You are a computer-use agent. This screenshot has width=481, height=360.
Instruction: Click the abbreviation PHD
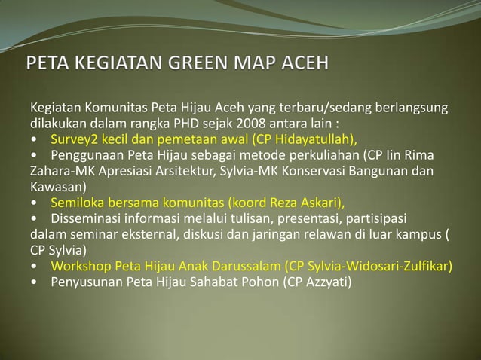click(x=188, y=124)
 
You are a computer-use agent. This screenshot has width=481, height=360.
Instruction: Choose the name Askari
click(x=320, y=203)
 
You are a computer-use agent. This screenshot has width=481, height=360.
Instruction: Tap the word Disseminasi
click(x=85, y=218)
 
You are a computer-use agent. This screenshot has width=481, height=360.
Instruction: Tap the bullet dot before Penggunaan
click(x=35, y=156)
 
